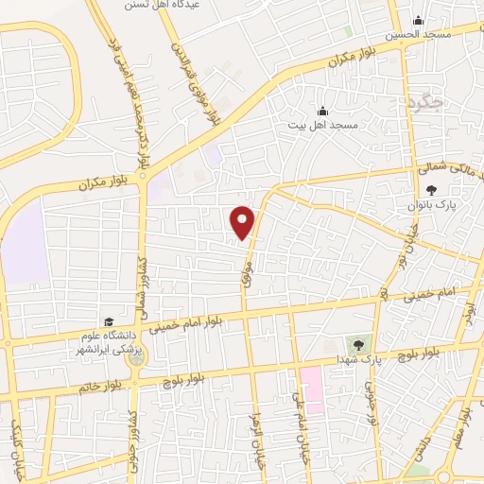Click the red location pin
[x=243, y=221]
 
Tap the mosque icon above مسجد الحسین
[x=418, y=21]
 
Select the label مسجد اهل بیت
[x=322, y=125]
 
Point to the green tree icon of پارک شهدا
[x=357, y=344]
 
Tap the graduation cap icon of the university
[x=109, y=323]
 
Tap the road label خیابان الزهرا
[x=254, y=441]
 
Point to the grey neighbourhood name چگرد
[x=426, y=101]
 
